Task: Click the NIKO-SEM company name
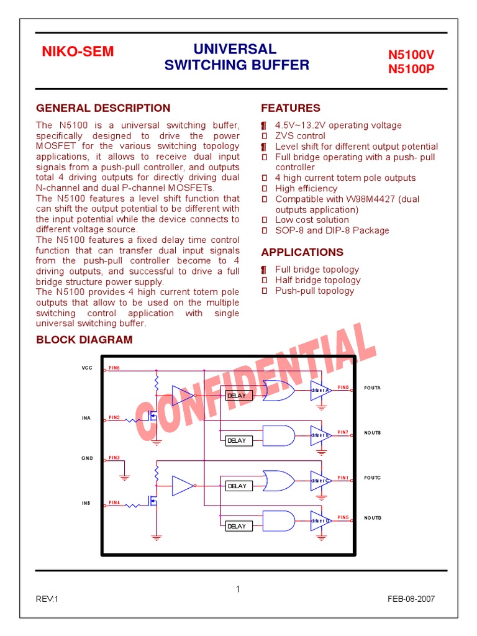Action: pyautogui.click(x=78, y=52)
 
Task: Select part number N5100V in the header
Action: pyautogui.click(x=411, y=55)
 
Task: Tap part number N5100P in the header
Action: pyautogui.click(x=411, y=69)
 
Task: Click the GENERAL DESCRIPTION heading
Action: pyautogui.click(x=103, y=108)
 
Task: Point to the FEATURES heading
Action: pyautogui.click(x=291, y=108)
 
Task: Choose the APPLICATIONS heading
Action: pyautogui.click(x=302, y=252)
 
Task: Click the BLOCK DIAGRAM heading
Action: pyautogui.click(x=84, y=340)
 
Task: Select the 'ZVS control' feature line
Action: pyautogui.click(x=300, y=136)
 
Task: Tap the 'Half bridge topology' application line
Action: pyautogui.click(x=317, y=280)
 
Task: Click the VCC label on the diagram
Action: pyautogui.click(x=87, y=368)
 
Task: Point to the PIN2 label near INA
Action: pyautogui.click(x=114, y=418)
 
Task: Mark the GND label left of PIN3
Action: pyautogui.click(x=87, y=458)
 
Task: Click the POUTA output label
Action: pyautogui.click(x=372, y=388)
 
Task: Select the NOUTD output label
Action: pyautogui.click(x=373, y=518)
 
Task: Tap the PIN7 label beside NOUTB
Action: pyautogui.click(x=343, y=432)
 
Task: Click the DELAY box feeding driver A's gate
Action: pyautogui.click(x=237, y=396)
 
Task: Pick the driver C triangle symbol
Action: pyautogui.click(x=320, y=481)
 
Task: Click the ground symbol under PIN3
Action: pyautogui.click(x=125, y=476)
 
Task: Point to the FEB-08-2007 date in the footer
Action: pyautogui.click(x=411, y=599)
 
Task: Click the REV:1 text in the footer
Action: pyautogui.click(x=47, y=599)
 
